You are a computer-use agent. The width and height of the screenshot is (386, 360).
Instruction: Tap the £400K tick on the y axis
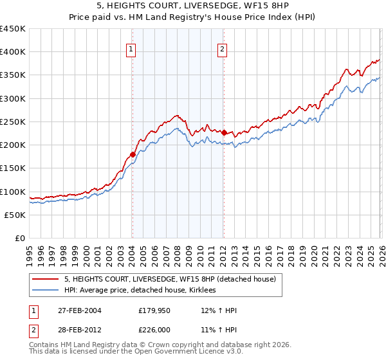(13, 52)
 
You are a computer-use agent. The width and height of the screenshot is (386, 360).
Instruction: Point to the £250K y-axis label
(13, 122)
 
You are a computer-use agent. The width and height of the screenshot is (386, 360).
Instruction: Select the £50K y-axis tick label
(15, 215)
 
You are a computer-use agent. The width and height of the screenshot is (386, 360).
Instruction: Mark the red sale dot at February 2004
(133, 154)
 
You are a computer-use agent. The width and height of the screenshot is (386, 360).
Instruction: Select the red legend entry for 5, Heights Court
(170, 279)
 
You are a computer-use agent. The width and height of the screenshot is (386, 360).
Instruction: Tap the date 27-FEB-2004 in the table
(82, 310)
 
